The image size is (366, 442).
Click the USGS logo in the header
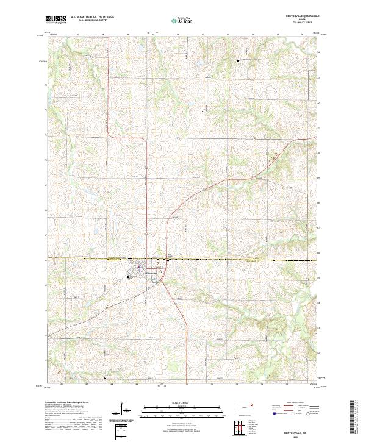(x=56, y=20)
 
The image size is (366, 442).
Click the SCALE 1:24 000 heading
(x=182, y=403)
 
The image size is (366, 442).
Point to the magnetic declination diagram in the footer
(x=122, y=412)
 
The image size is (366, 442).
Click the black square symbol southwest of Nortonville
(x=128, y=277)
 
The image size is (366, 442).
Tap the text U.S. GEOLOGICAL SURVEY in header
(x=89, y=20)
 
